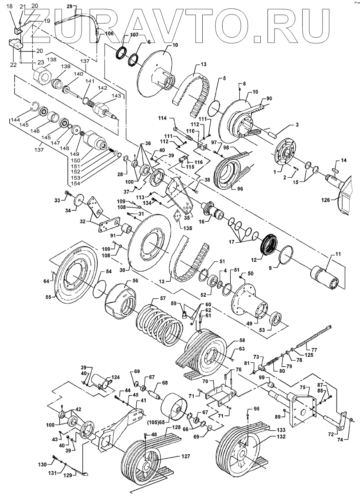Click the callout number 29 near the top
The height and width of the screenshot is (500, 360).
click(x=70, y=7)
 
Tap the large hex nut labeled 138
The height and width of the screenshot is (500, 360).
click(x=41, y=74)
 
